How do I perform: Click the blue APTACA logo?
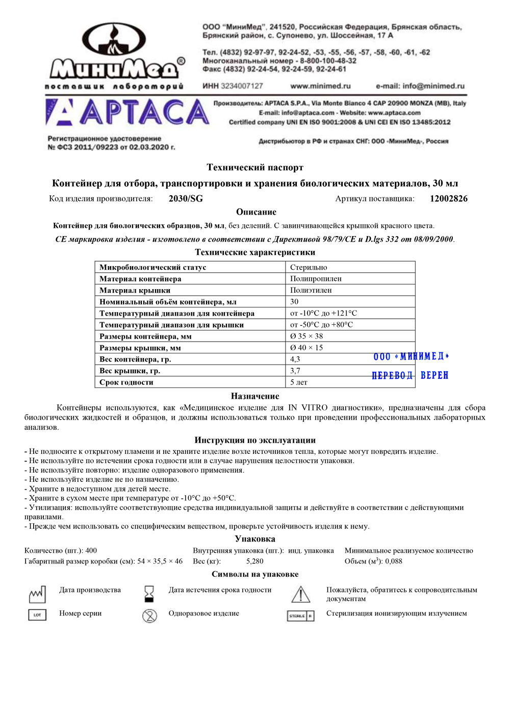(x=127, y=113)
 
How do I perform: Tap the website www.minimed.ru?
(x=320, y=86)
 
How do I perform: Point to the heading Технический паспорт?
(x=255, y=168)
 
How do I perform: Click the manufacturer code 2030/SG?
(x=186, y=199)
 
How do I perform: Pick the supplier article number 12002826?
(x=448, y=199)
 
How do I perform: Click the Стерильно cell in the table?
(x=309, y=267)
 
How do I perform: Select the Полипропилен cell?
(x=316, y=279)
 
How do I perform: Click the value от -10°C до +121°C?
(x=323, y=314)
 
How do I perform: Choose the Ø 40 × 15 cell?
(x=307, y=348)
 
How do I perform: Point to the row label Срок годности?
(x=126, y=382)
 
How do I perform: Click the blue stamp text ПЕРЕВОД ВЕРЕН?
(x=410, y=376)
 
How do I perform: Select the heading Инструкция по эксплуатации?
(x=255, y=441)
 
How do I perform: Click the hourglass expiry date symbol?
(x=149, y=594)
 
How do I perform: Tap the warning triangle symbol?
(x=300, y=595)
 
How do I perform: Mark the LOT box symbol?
(x=37, y=615)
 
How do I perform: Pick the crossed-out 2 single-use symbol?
(x=149, y=616)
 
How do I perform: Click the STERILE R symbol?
(x=300, y=616)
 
